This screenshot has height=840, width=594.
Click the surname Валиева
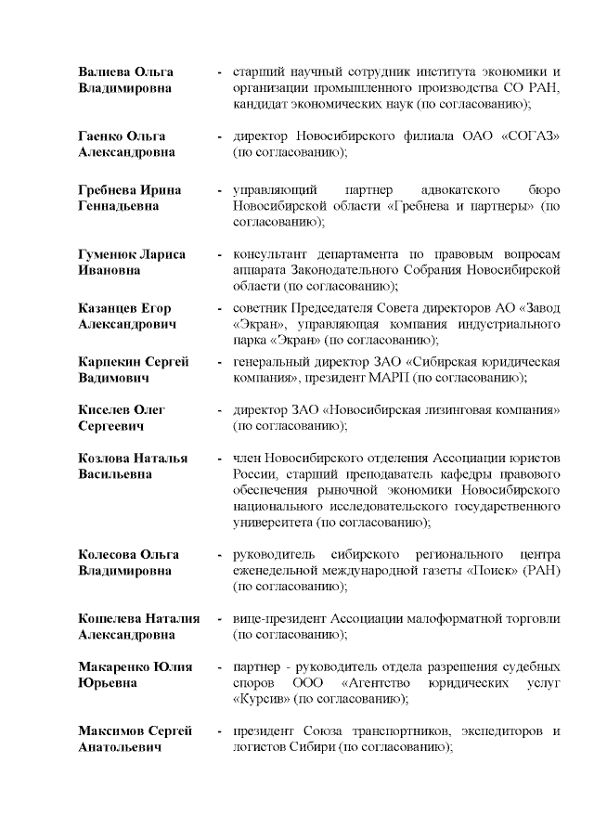coord(103,71)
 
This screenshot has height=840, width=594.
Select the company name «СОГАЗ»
coord(529,136)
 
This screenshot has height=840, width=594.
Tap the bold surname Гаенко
coord(100,136)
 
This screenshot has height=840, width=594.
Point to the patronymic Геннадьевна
coord(116,206)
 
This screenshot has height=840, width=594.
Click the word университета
coord(272,523)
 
